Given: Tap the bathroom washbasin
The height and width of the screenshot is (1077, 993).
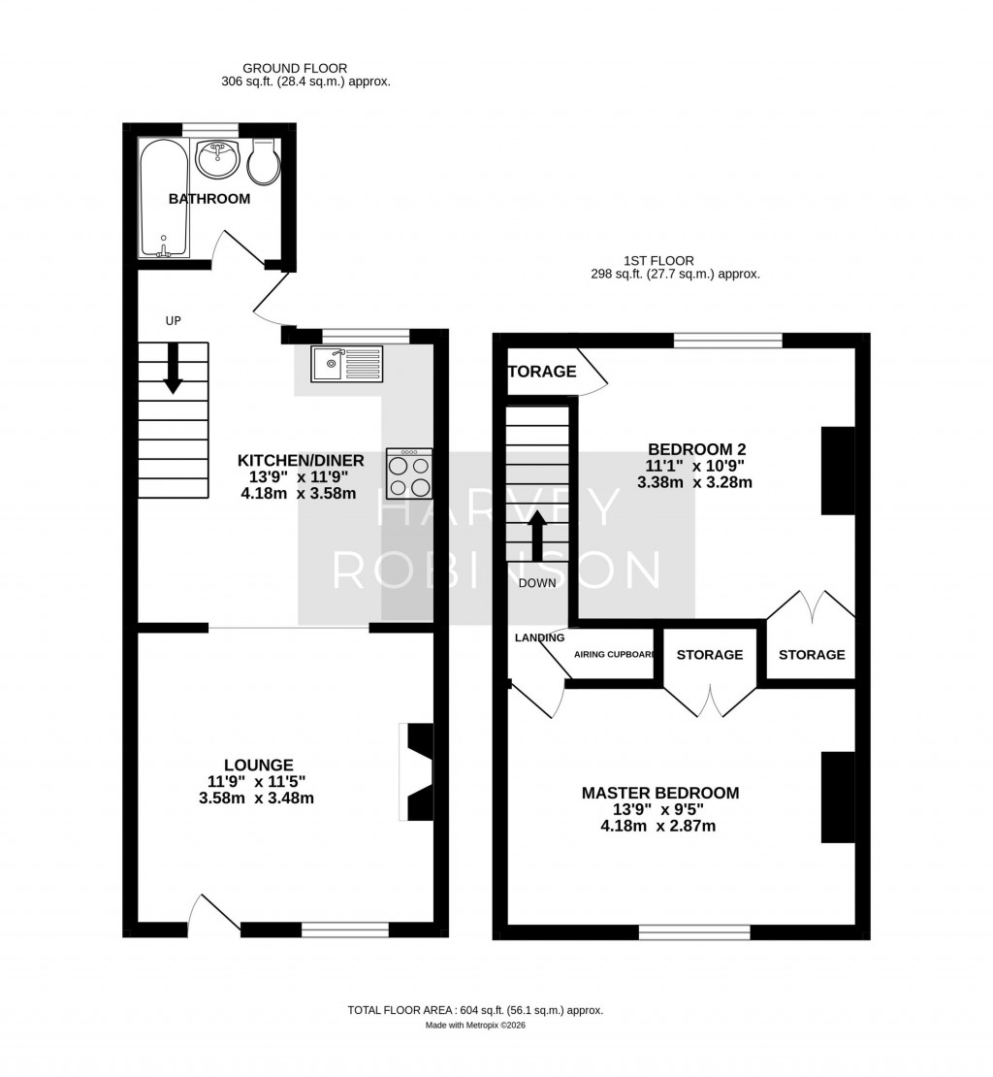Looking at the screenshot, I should [217, 159].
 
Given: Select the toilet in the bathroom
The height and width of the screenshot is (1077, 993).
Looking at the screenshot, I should [264, 162].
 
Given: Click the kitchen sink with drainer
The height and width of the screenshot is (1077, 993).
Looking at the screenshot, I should [347, 364].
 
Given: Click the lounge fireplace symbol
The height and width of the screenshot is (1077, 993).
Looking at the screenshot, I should [418, 772].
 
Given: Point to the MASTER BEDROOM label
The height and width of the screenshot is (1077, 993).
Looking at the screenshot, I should [659, 793].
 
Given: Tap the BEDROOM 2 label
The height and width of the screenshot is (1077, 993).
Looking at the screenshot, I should [696, 449].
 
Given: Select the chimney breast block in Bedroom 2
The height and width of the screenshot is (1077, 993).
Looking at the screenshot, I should [838, 470].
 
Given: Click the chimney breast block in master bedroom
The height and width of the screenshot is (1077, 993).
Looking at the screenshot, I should [838, 797].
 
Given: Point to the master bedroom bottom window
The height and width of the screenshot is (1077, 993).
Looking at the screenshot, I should [694, 932].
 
